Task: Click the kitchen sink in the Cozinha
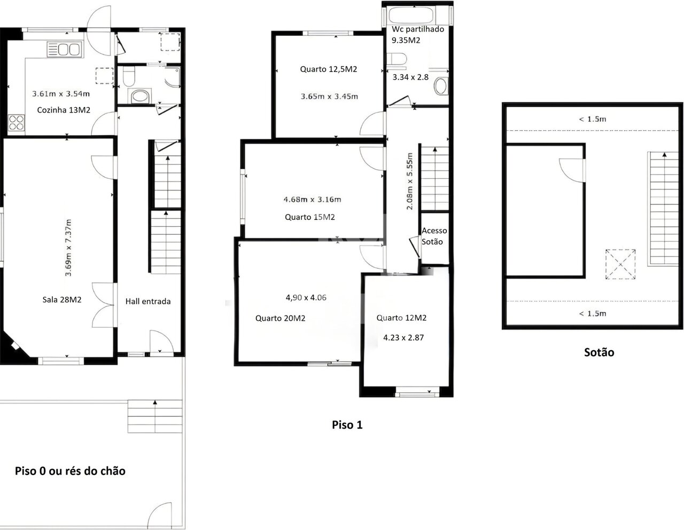pos(65,49)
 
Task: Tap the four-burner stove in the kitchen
pos(16,123)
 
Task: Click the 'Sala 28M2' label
pos(62,299)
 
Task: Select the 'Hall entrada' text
pos(148,302)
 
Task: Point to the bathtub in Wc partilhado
pos(411,15)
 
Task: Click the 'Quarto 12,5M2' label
pos(329,69)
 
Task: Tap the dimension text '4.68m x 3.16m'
pos(312,199)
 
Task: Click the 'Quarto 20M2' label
pos(280,318)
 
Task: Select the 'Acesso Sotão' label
pos(434,236)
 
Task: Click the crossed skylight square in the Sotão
pos(620,264)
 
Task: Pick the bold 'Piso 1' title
pos(347,425)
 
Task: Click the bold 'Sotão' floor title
pos(599,352)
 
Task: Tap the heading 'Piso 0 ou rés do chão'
pos(70,471)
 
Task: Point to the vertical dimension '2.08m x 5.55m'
pos(409,181)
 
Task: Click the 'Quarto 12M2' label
pos(401,318)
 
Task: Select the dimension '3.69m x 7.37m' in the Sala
pos(68,248)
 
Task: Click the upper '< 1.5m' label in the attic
pos(593,119)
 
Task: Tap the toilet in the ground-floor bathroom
pos(129,76)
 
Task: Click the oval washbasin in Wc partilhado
pos(440,86)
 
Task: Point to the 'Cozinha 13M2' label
pos(64,110)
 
